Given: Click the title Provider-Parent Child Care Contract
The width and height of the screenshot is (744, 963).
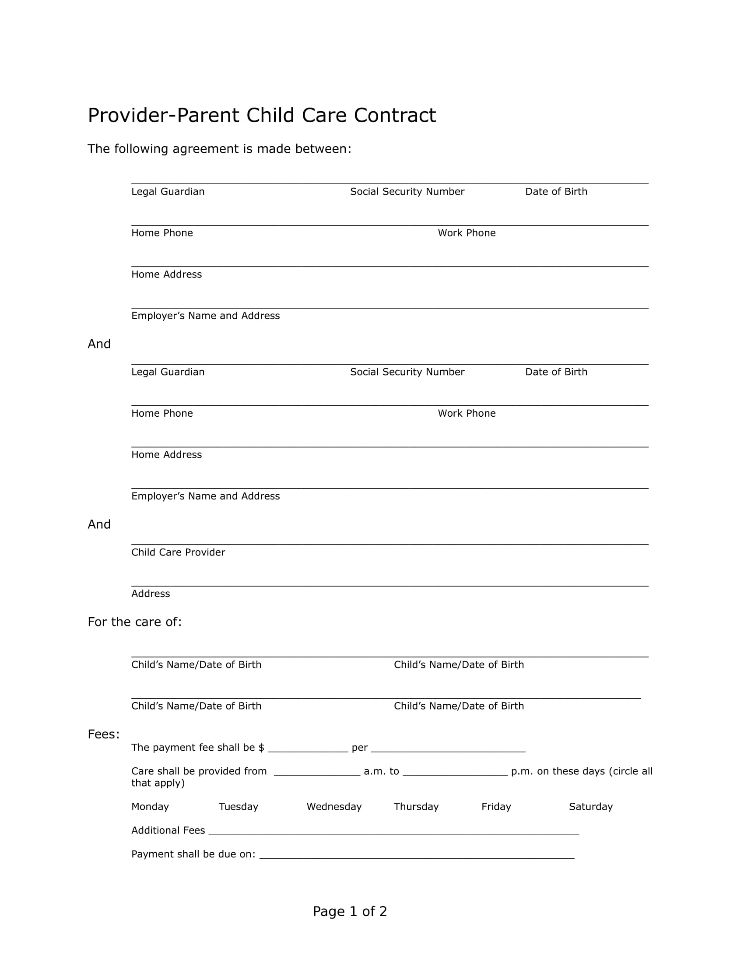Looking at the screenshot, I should [261, 116].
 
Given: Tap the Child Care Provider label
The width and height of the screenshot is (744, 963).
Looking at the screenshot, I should [178, 552].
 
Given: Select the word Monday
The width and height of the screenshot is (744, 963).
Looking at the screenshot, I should [150, 806].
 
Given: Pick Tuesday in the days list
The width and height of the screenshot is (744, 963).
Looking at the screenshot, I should [239, 806].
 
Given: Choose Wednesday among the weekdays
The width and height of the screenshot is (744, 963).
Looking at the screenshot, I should [333, 806].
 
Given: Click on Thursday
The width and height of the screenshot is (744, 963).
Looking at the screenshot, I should [416, 806].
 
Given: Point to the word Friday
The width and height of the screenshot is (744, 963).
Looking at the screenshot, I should [496, 806].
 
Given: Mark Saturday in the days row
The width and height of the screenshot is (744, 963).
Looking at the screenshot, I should [591, 806].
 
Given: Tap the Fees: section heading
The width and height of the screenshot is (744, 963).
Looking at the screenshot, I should [104, 734].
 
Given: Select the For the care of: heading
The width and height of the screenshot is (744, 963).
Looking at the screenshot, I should [134, 622].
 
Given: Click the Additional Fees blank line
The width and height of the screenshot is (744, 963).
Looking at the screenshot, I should [393, 832].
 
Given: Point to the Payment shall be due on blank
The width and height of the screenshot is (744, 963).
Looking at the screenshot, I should [417, 855].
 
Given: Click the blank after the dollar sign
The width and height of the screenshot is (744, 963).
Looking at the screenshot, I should [308, 749].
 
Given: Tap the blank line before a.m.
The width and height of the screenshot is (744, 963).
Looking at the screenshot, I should [317, 773].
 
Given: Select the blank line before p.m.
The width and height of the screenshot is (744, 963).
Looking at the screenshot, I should [455, 773].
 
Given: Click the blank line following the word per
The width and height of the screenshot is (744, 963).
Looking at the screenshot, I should [448, 749].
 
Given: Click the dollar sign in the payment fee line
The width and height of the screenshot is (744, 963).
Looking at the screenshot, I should [261, 747].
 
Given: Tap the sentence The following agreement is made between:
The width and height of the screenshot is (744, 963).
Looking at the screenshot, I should [220, 149].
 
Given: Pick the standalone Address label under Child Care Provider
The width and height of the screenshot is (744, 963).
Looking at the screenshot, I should [150, 594].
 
